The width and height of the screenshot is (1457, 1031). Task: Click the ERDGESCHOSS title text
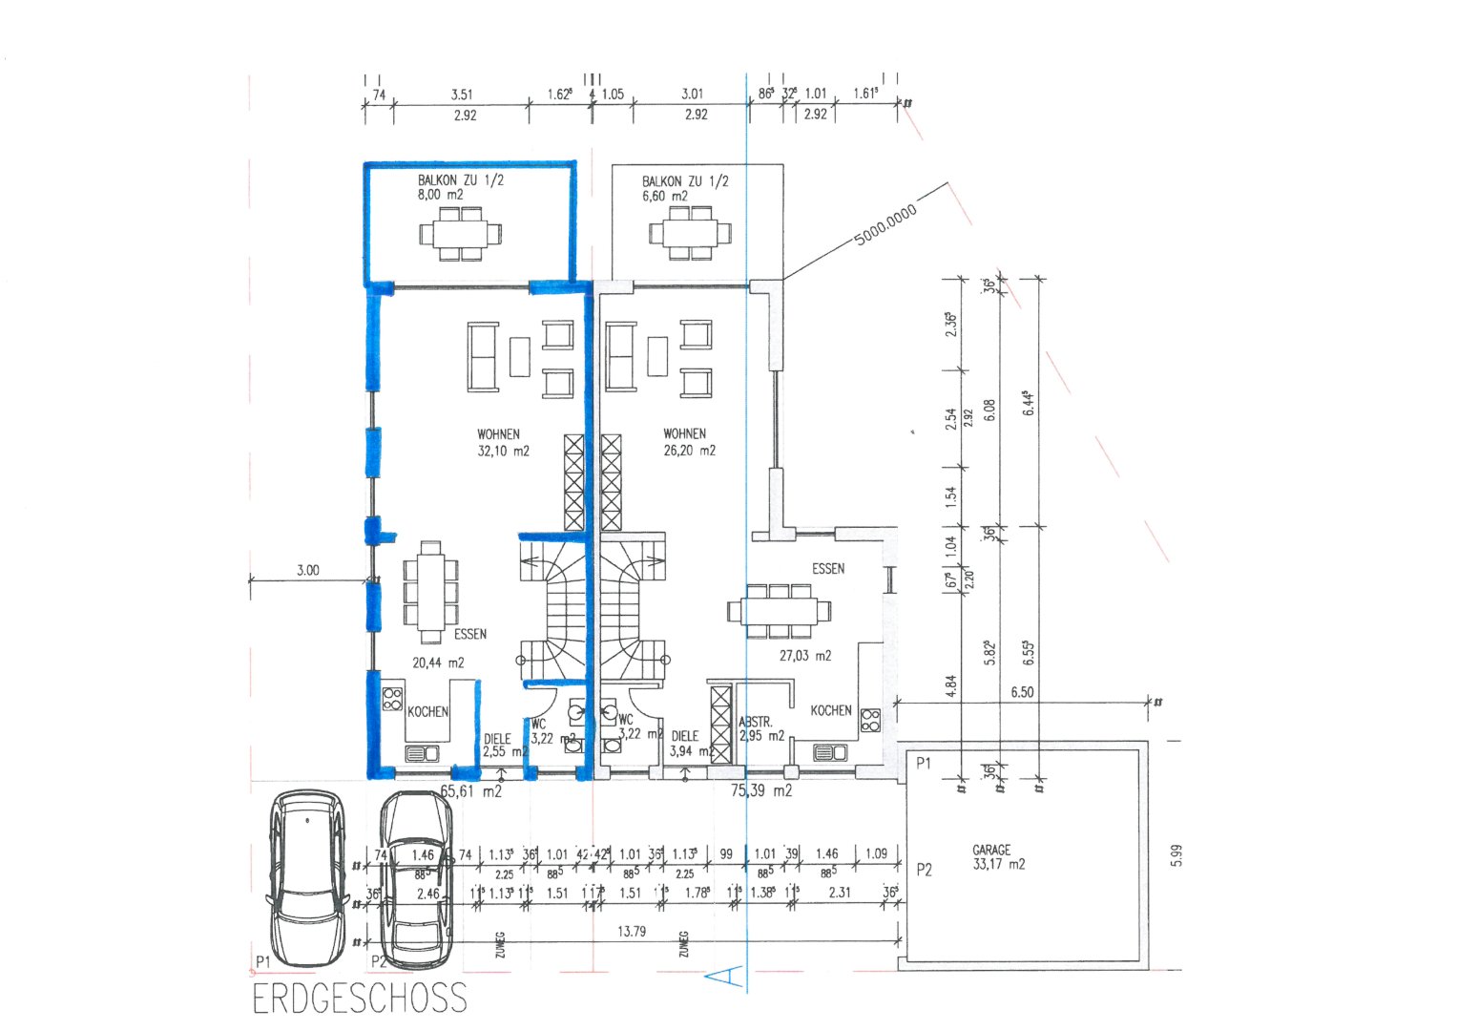click(360, 999)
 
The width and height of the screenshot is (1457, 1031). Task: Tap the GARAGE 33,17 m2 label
click(998, 857)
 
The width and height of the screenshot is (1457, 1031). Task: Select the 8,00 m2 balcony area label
click(440, 195)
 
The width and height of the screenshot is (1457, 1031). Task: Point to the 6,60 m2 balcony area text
click(665, 197)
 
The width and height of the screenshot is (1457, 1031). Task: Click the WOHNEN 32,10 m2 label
click(503, 443)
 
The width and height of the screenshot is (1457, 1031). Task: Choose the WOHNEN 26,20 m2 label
click(689, 442)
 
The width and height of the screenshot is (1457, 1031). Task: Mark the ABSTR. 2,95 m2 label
click(760, 729)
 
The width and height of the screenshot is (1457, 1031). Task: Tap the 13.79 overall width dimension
click(632, 931)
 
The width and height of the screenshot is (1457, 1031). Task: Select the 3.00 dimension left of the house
click(307, 570)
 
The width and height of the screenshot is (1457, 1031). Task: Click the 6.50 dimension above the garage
click(1022, 692)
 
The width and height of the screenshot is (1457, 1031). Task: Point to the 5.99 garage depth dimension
click(1176, 855)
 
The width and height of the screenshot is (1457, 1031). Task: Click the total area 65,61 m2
click(470, 790)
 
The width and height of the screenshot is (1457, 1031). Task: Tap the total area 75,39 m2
click(761, 790)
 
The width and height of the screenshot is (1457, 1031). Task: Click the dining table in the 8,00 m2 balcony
click(460, 234)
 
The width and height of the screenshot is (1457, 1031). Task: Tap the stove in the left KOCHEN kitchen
click(392, 698)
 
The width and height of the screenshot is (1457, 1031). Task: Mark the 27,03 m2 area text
click(804, 656)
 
